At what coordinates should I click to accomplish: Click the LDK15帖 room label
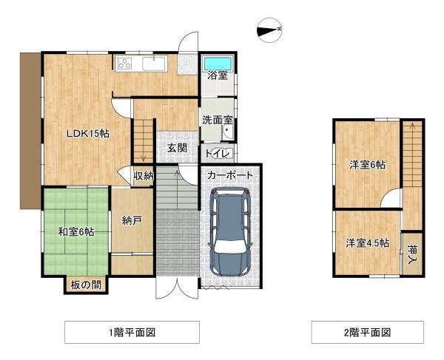pos(88,134)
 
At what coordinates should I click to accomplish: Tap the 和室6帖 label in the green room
pos(76,231)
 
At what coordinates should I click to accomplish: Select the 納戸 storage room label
pos(132,220)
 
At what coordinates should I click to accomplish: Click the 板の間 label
pos(86,285)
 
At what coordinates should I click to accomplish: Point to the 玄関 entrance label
pos(176,148)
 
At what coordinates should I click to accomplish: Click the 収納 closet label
pos(143,175)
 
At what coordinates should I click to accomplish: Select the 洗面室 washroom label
pos(218,120)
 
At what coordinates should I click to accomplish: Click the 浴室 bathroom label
pos(217,75)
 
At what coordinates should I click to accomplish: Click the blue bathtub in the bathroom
pos(218,63)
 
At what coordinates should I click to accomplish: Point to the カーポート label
pos(230,176)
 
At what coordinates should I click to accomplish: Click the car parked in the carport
pos(230,231)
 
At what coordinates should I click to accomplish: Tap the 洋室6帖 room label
pos(367,165)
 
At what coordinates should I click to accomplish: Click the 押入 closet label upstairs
pos(411,253)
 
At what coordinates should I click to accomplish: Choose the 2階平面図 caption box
pos(367,332)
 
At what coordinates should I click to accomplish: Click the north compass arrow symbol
pos(267,30)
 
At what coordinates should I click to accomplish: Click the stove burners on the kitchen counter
pos(124,64)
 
